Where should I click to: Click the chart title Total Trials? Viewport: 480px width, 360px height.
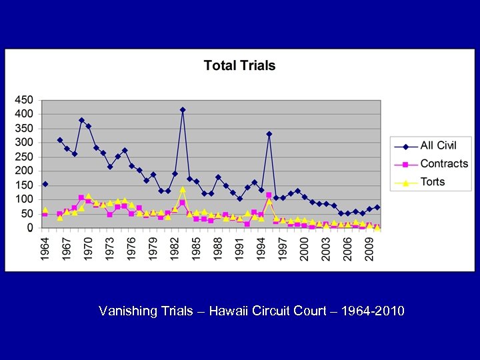[239, 65]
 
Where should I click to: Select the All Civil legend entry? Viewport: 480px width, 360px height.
[437, 146]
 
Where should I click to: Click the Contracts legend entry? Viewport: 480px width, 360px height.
[443, 163]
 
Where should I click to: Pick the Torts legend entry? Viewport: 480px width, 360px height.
[432, 181]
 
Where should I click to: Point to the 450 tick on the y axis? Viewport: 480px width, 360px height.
[24, 100]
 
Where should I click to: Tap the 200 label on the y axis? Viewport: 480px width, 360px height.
[24, 171]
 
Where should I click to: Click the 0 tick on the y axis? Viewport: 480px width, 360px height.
[29, 228]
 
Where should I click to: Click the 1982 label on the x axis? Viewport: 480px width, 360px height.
[175, 250]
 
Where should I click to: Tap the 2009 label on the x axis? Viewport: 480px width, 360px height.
[369, 250]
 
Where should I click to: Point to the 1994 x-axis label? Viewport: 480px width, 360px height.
[261, 250]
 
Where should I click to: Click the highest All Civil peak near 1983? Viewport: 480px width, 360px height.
[182, 110]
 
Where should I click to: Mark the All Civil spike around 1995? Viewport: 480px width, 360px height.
[269, 134]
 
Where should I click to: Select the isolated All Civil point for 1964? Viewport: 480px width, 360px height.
[45, 184]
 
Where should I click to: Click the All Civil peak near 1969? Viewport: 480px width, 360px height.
[81, 121]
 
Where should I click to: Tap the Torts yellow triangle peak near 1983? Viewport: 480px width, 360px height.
[182, 189]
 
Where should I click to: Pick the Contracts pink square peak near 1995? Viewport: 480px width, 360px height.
[269, 195]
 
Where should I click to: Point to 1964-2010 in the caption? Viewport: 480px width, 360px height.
[373, 311]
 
